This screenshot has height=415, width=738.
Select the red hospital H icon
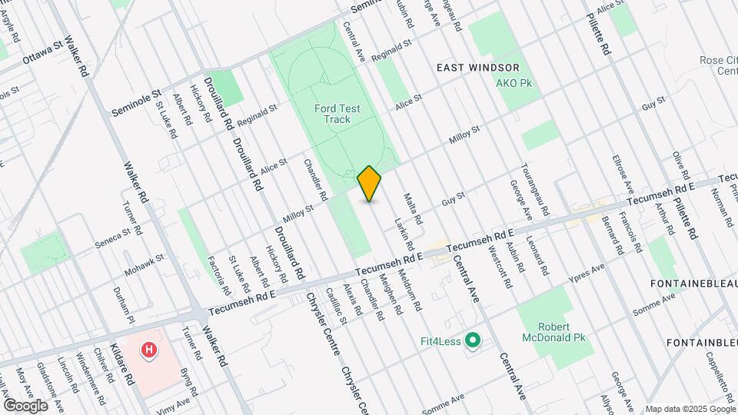(x=149, y=350)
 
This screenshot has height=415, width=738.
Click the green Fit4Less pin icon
(x=473, y=340)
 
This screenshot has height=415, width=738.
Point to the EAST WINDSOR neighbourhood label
(x=478, y=68)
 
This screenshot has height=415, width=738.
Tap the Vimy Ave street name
(x=174, y=404)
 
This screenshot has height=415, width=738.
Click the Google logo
(x=25, y=405)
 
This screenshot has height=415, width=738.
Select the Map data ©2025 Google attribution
(x=690, y=409)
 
